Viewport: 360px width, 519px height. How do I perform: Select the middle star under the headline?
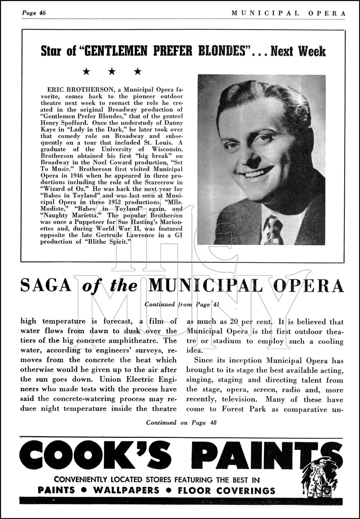coord(112,72)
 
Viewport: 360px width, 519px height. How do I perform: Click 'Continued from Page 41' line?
coord(182,304)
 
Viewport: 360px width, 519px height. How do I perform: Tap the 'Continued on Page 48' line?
coord(181,423)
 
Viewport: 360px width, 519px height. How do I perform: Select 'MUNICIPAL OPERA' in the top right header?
coord(288,13)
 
